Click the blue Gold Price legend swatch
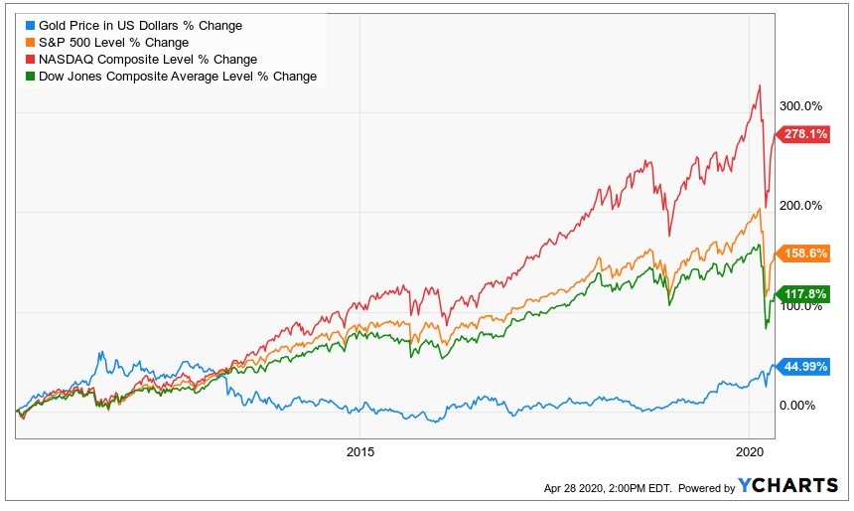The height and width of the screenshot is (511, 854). (30, 25)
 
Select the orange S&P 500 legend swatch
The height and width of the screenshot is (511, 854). (30, 42)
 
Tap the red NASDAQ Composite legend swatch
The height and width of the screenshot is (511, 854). (30, 60)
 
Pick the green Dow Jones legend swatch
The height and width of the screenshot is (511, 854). (30, 77)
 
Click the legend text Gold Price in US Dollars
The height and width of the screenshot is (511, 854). (140, 25)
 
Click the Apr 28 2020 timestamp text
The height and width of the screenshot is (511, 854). (607, 488)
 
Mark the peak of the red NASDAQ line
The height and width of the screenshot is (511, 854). (760, 85)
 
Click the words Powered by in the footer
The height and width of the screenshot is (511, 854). (705, 488)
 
